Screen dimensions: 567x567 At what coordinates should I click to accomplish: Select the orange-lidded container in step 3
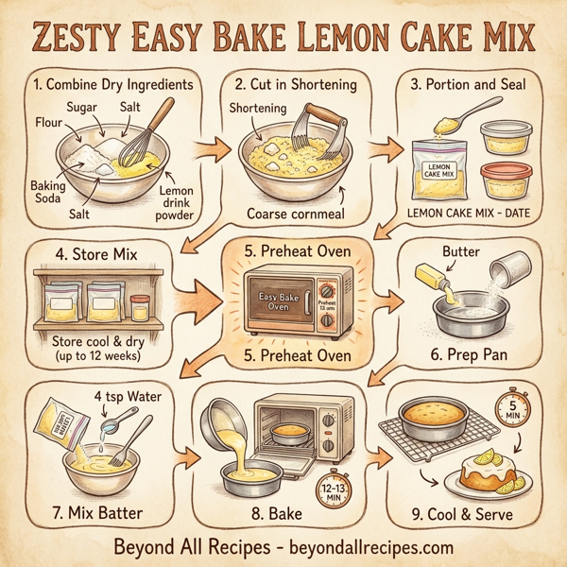506,181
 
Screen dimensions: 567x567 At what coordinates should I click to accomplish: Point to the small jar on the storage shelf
140,309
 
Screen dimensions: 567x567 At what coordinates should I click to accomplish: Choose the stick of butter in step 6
436,279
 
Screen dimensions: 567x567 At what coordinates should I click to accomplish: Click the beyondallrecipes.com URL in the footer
366,547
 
